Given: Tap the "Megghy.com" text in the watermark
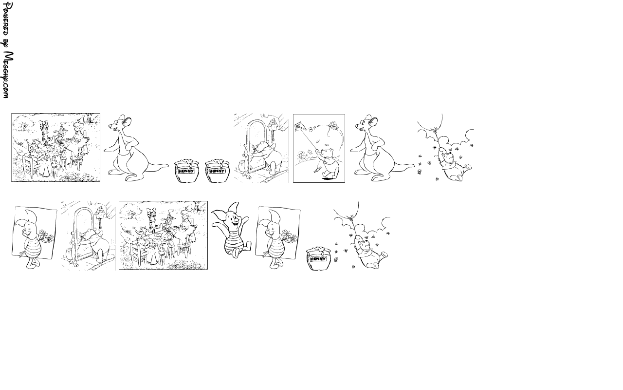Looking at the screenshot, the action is (x=8, y=75).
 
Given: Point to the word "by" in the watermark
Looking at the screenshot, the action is (x=7, y=44).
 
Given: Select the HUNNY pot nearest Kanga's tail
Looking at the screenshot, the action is (x=187, y=171).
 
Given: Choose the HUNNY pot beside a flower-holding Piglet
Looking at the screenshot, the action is (x=319, y=258).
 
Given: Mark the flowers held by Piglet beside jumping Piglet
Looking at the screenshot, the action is (x=290, y=235).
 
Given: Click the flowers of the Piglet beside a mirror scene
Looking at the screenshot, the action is (x=46, y=236).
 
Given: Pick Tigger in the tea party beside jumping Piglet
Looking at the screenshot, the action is (x=152, y=219).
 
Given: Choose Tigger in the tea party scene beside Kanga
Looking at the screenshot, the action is (x=45, y=132).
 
